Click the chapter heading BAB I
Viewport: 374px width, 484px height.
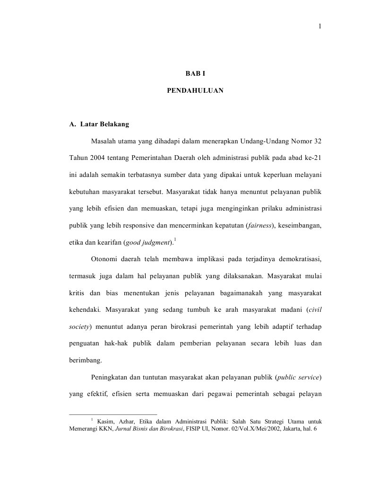195,74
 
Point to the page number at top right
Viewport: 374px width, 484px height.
320,26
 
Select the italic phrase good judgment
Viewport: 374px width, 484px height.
147,243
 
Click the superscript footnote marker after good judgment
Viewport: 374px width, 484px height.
175,240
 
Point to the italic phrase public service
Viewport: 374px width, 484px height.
298,377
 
